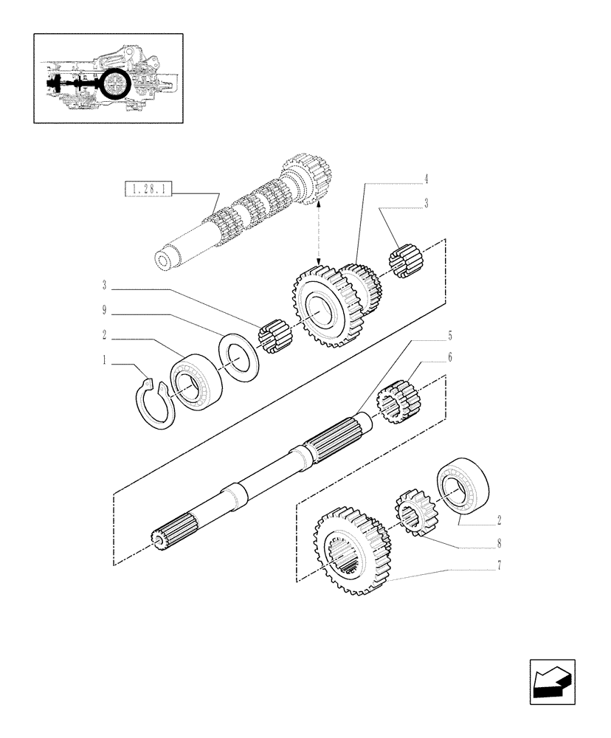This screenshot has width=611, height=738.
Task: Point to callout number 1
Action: (105, 361)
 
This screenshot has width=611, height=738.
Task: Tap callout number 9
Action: (105, 311)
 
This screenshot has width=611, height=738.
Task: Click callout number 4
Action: (426, 179)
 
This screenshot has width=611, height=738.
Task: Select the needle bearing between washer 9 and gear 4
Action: (275, 336)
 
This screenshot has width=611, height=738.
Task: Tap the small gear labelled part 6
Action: (398, 402)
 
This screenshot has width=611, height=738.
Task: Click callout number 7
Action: (500, 566)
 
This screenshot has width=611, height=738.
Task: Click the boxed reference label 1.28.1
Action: (148, 191)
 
